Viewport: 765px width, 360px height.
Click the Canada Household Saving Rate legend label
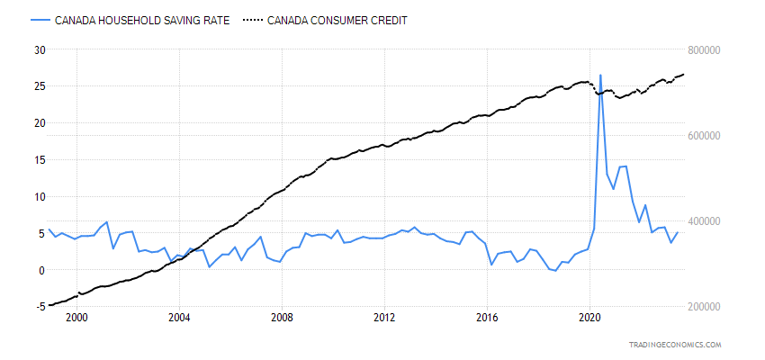pos(142,21)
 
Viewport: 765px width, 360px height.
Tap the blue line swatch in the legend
pos(39,21)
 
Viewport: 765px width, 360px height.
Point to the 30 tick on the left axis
pos(39,49)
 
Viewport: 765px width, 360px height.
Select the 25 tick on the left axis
pos(39,86)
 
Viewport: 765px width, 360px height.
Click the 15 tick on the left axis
pos(39,159)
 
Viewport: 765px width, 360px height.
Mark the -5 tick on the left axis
pos(39,307)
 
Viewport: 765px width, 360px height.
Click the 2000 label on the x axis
pos(76,318)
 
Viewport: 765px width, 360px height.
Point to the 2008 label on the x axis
pos(282,318)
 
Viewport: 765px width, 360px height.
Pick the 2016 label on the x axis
pos(487,318)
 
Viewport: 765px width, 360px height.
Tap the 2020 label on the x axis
pos(589,318)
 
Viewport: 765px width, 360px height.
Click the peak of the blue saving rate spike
pos(600,76)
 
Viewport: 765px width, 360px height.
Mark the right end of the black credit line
pos(683,74)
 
